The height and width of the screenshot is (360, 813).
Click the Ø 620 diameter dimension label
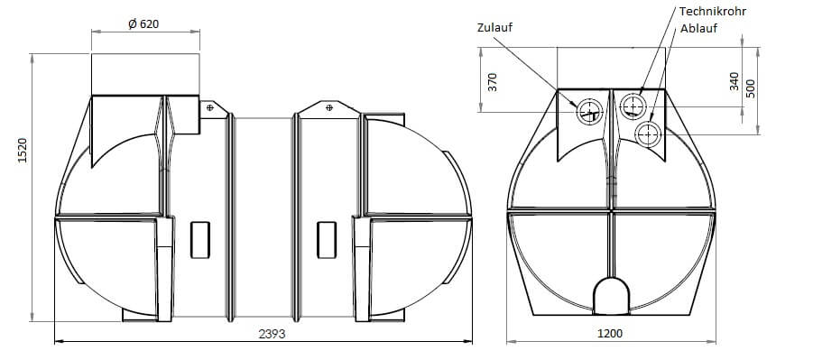point(143,23)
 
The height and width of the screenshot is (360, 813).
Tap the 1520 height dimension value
point(23,151)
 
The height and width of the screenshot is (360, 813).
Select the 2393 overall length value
point(272,334)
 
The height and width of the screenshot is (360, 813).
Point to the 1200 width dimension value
point(609,333)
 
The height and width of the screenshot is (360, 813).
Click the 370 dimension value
point(493,82)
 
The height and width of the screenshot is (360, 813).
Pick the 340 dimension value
point(734,81)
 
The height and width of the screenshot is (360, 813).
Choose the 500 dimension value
point(750,88)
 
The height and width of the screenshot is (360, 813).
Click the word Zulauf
point(494,27)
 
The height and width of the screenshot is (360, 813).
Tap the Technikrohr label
point(713,12)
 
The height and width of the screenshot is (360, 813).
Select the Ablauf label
point(699,29)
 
